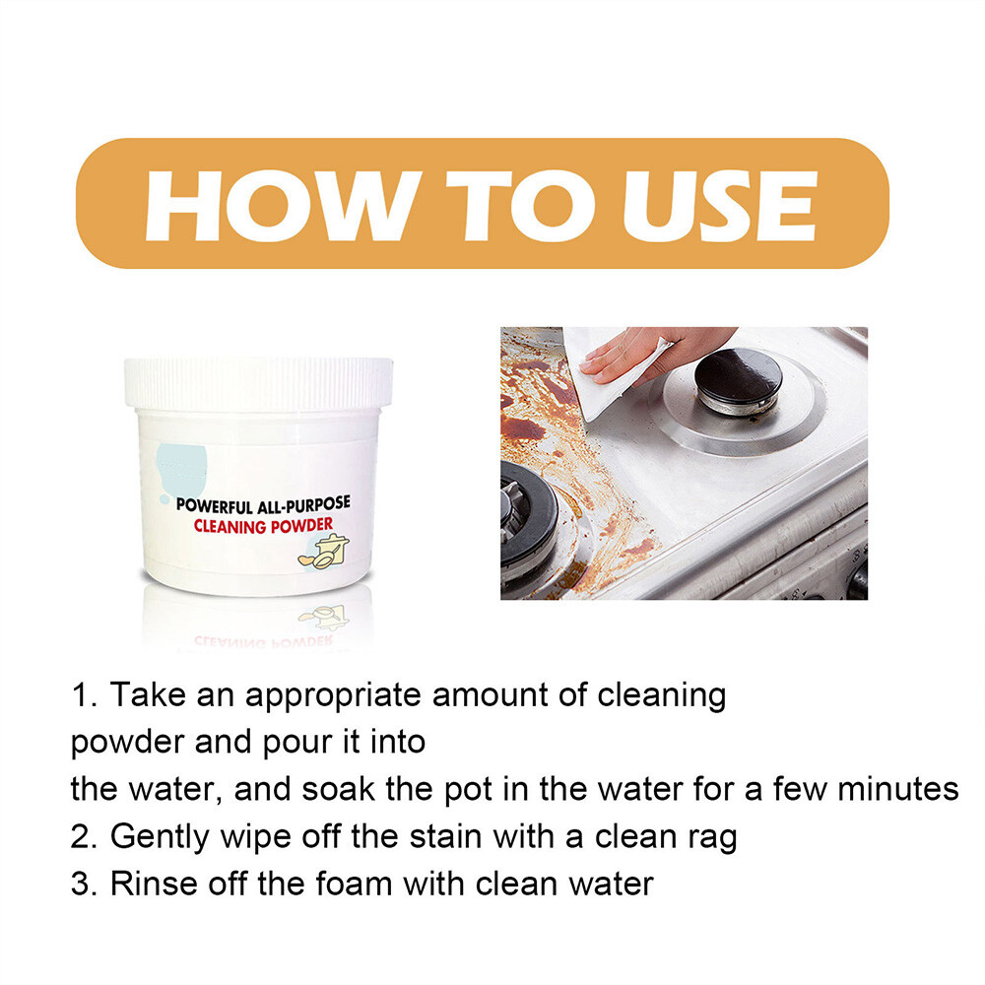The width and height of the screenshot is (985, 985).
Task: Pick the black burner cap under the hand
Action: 739,375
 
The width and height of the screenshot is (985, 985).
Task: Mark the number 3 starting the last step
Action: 80,883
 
